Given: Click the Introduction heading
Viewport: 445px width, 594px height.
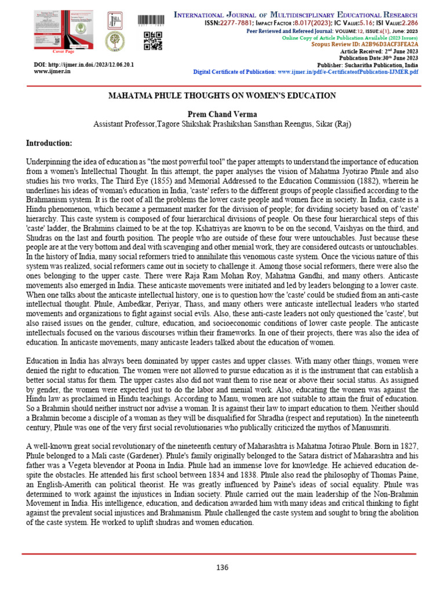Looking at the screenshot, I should coord(49,143).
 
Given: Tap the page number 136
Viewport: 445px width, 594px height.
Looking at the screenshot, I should coord(222,567).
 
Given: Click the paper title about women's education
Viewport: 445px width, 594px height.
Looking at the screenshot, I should coord(222,95).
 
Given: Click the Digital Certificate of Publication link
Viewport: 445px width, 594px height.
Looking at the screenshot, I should coord(305,71).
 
